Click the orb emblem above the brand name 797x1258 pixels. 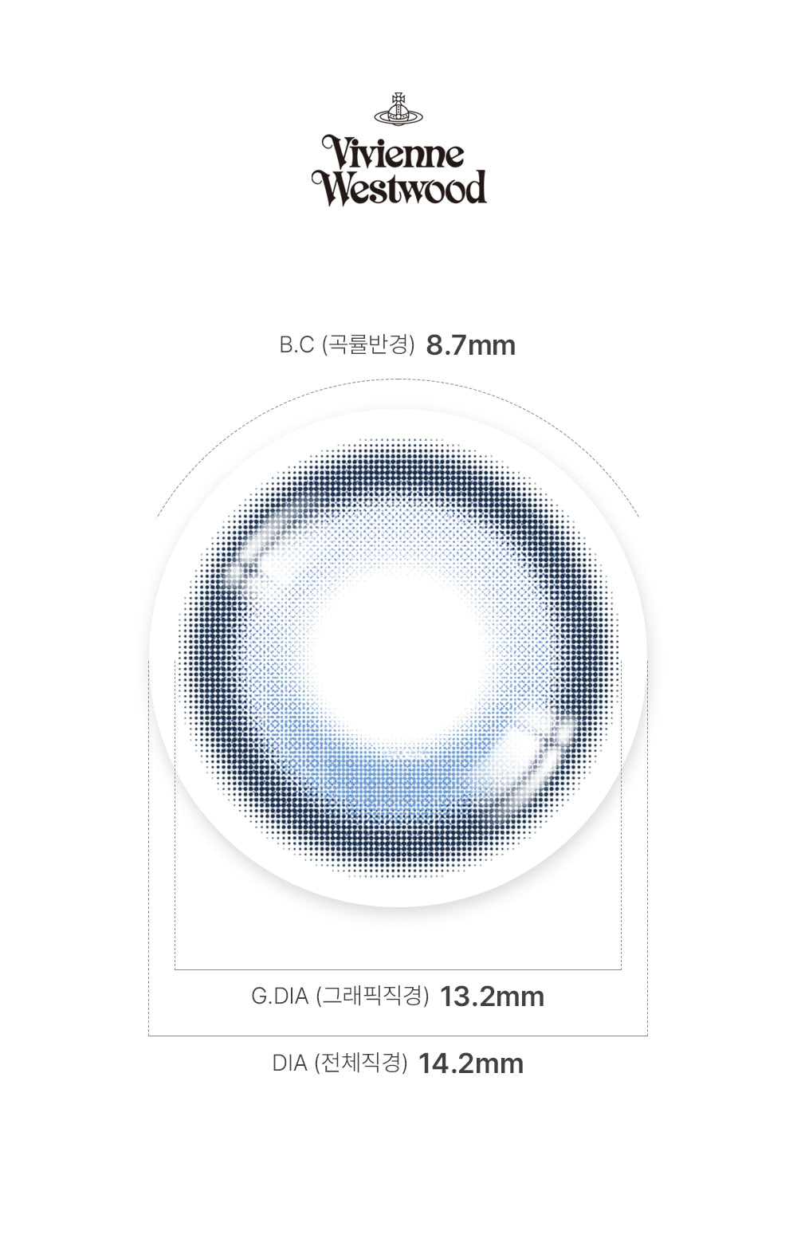[x=398, y=109]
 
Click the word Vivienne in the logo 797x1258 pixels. [x=394, y=152]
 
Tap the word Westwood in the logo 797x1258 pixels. [x=399, y=187]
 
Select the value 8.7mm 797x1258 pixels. [x=470, y=345]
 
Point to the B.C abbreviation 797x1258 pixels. [x=297, y=345]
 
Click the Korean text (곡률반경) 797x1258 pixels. [x=368, y=345]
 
